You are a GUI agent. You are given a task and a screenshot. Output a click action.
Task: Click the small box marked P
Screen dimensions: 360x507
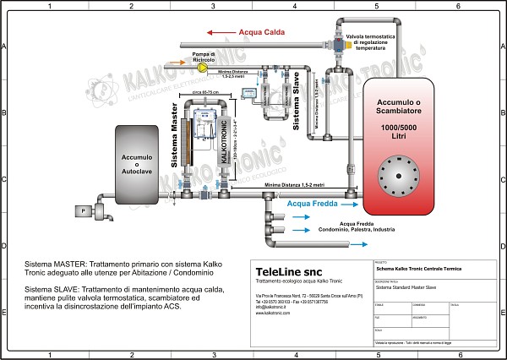84,209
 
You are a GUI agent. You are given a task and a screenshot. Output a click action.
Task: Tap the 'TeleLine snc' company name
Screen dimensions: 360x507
284,270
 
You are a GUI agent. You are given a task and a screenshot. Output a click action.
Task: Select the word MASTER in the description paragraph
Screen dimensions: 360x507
65,263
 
